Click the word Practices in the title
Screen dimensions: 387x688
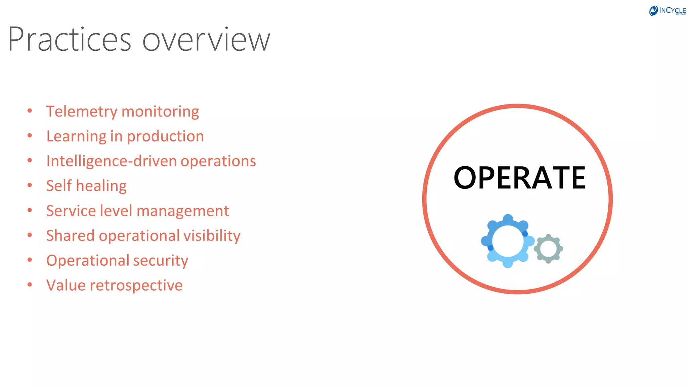(69, 40)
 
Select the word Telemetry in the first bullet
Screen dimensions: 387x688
(82, 112)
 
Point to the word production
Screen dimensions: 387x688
(165, 137)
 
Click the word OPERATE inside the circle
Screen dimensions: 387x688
(519, 178)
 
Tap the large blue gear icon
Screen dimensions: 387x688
(507, 241)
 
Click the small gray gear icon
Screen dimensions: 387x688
(548, 249)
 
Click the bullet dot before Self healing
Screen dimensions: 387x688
(30, 185)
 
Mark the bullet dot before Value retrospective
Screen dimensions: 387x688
(30, 285)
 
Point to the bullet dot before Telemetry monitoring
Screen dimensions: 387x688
(30, 111)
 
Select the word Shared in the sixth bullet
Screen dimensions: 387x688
(70, 236)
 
